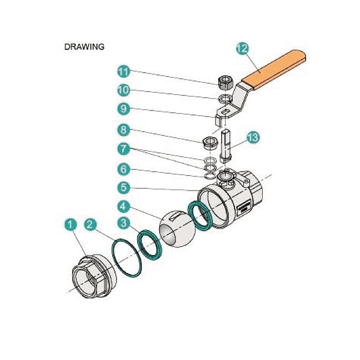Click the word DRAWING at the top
coord(84,47)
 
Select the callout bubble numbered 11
coord(124,71)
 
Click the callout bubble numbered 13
coord(253,138)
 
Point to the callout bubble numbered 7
coord(124,148)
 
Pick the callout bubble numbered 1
coord(70,223)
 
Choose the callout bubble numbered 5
coord(124,185)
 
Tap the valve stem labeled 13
coord(226,145)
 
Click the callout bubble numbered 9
coord(124,109)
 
